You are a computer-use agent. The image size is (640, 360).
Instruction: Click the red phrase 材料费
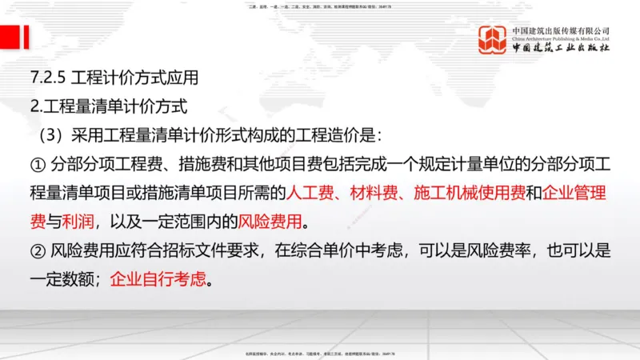pyautogui.click(x=373, y=193)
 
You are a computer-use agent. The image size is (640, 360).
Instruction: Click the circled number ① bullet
pyautogui.click(x=38, y=166)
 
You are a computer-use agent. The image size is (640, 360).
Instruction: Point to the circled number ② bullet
pyautogui.click(x=38, y=253)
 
